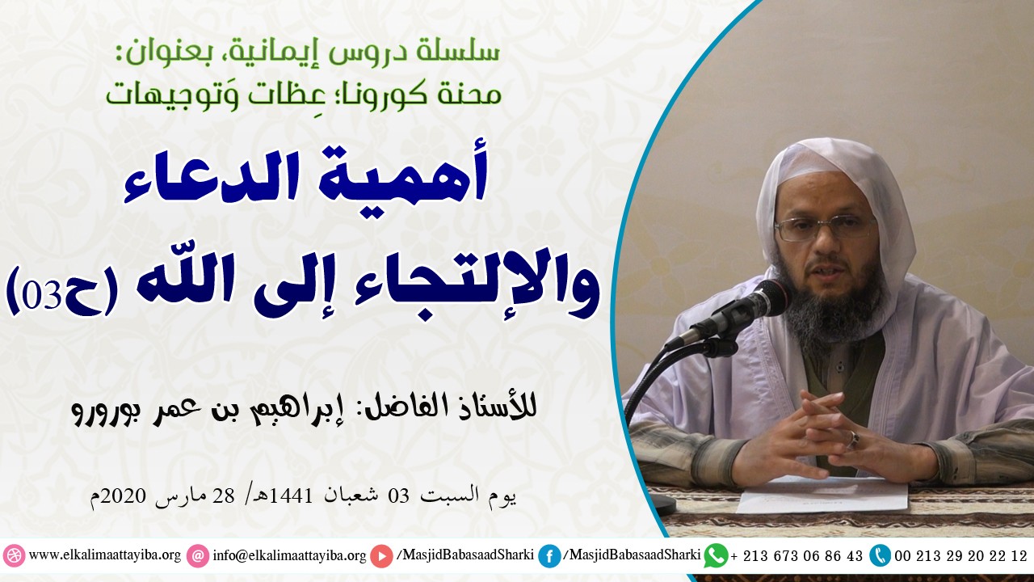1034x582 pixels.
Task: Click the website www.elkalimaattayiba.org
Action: tap(104, 556)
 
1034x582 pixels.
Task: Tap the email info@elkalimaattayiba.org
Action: tap(288, 556)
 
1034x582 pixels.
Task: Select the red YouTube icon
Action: tap(382, 556)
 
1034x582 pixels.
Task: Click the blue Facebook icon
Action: tap(549, 556)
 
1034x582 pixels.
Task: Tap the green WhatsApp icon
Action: tap(715, 555)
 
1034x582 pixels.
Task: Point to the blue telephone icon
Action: tap(880, 555)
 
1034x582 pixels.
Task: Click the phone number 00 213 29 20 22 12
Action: tap(961, 556)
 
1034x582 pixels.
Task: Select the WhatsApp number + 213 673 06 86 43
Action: tap(797, 556)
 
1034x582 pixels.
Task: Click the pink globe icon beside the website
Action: tap(14, 556)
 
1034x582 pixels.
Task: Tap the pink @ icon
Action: tap(197, 556)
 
